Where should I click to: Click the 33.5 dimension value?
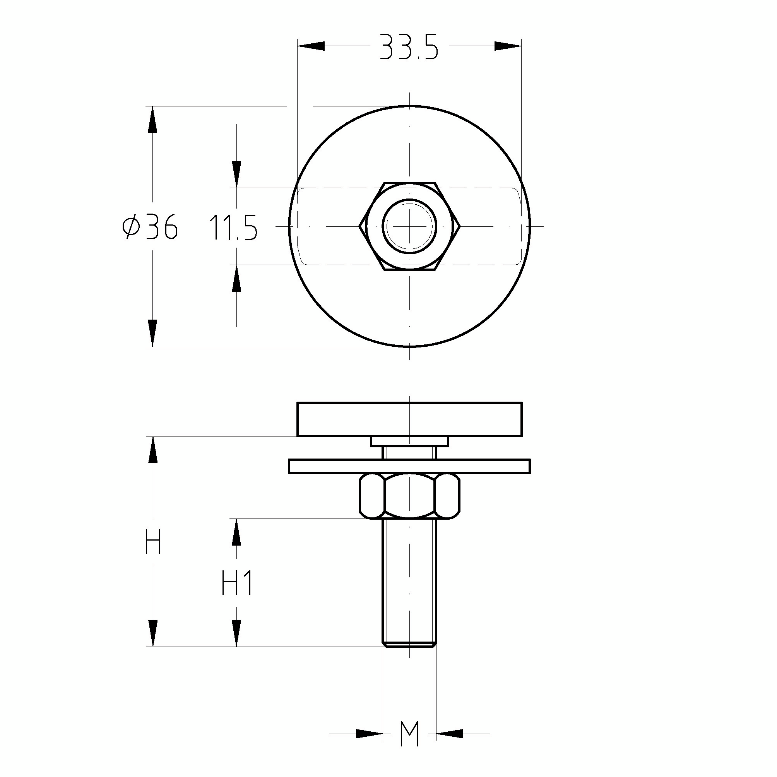point(409,47)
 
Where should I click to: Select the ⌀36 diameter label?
point(150,227)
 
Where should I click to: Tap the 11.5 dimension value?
point(233,228)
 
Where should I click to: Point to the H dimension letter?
point(153,542)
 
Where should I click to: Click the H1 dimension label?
point(237,583)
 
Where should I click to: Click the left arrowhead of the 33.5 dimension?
point(311,46)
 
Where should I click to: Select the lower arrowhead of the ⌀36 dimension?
point(152,333)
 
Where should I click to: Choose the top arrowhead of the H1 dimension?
point(237,532)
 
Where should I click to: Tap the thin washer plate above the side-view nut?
point(409,466)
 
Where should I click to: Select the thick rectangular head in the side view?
point(409,419)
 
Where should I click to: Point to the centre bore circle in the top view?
point(409,226)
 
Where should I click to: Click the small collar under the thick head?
point(409,442)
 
